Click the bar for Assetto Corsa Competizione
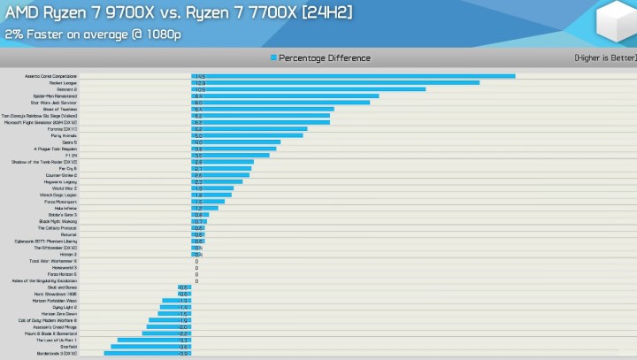coord(354,76)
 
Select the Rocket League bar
coord(336,83)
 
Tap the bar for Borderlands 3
coord(148,353)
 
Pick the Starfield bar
coord(151,347)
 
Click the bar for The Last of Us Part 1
coord(155,340)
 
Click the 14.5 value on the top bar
coord(199,76)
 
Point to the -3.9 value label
coord(184,353)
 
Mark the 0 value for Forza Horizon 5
coord(196,274)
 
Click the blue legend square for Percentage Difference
coord(273,58)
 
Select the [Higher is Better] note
coord(604,58)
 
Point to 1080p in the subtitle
coord(163,34)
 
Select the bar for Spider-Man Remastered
coord(286,96)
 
